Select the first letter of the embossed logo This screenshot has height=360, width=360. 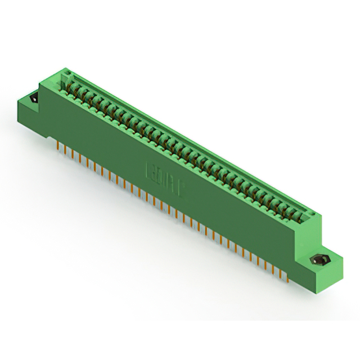coord(151,169)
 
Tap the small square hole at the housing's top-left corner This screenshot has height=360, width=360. coord(66,75)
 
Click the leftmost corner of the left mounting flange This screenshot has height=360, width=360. coord(17,101)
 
